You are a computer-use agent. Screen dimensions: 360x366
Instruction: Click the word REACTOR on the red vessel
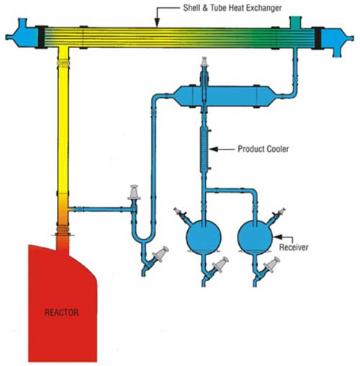[x=61, y=312]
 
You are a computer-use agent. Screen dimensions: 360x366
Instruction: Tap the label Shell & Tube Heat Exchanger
[x=232, y=8]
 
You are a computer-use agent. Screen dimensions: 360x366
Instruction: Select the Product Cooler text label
[x=263, y=149]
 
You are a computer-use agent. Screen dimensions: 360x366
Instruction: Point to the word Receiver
[x=294, y=247]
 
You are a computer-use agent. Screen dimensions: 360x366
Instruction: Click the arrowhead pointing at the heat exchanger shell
[x=157, y=23]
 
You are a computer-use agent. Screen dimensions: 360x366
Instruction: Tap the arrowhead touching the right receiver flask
[x=277, y=237]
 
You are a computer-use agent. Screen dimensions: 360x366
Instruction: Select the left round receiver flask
[x=204, y=237]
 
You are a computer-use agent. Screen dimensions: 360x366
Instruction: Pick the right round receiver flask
[x=255, y=237]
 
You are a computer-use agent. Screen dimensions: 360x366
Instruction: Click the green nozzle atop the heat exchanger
[x=295, y=22]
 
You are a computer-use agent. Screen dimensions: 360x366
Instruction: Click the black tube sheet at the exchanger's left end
[x=42, y=37]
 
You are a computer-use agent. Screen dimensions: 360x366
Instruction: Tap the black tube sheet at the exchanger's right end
[x=318, y=38]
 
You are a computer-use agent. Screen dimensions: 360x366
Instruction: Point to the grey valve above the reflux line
[x=134, y=192]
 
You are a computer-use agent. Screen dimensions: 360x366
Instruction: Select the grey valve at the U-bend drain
[x=161, y=255]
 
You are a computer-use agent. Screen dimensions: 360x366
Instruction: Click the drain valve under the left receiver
[x=220, y=265]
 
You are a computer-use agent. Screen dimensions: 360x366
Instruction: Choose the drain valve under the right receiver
[x=271, y=265]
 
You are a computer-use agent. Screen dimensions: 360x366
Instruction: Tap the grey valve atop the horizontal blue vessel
[x=204, y=62]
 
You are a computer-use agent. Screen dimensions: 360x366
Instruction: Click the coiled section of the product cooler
[x=204, y=150]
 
